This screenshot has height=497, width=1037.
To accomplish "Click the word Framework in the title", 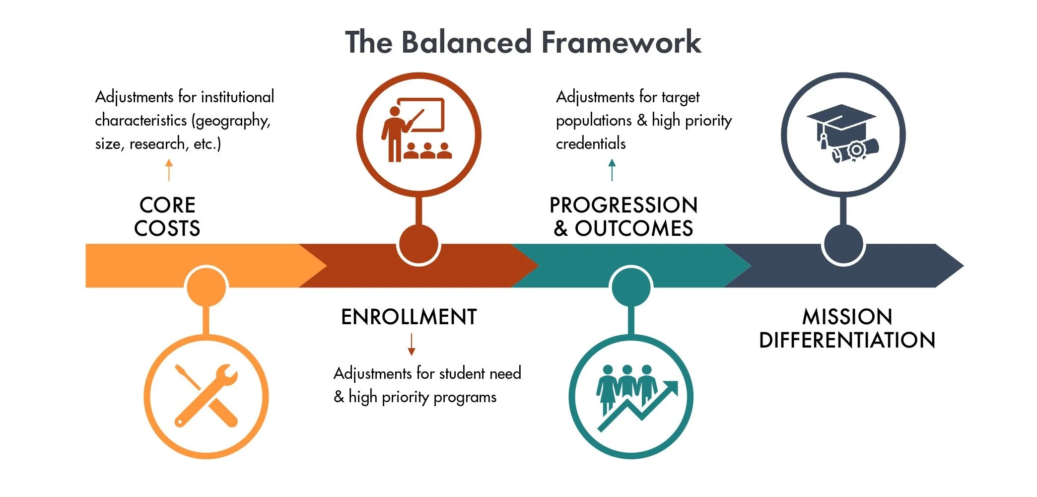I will pyautogui.click(x=621, y=42).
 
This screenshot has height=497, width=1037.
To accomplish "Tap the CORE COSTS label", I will pyautogui.click(x=167, y=217).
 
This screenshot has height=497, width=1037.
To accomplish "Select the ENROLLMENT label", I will pyautogui.click(x=409, y=317).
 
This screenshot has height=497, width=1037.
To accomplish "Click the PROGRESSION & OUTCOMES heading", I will pyautogui.click(x=623, y=217).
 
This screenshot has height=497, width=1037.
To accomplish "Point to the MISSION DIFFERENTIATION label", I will pyautogui.click(x=847, y=328).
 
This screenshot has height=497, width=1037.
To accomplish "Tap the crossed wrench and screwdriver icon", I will pyautogui.click(x=207, y=396).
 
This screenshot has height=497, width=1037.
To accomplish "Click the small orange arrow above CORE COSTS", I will pyautogui.click(x=169, y=170).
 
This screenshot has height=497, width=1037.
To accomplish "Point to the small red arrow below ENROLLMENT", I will pyautogui.click(x=412, y=344).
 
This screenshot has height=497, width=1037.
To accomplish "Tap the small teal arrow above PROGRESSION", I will pyautogui.click(x=612, y=170).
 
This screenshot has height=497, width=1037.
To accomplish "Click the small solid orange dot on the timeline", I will pyautogui.click(x=207, y=287).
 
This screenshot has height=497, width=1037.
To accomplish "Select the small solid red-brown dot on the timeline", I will pyautogui.click(x=418, y=244).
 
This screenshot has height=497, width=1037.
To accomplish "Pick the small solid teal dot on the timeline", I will pyautogui.click(x=631, y=287).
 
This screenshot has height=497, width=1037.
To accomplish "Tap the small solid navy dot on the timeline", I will pyautogui.click(x=843, y=244).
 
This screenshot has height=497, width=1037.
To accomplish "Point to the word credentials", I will pyautogui.click(x=591, y=144).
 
